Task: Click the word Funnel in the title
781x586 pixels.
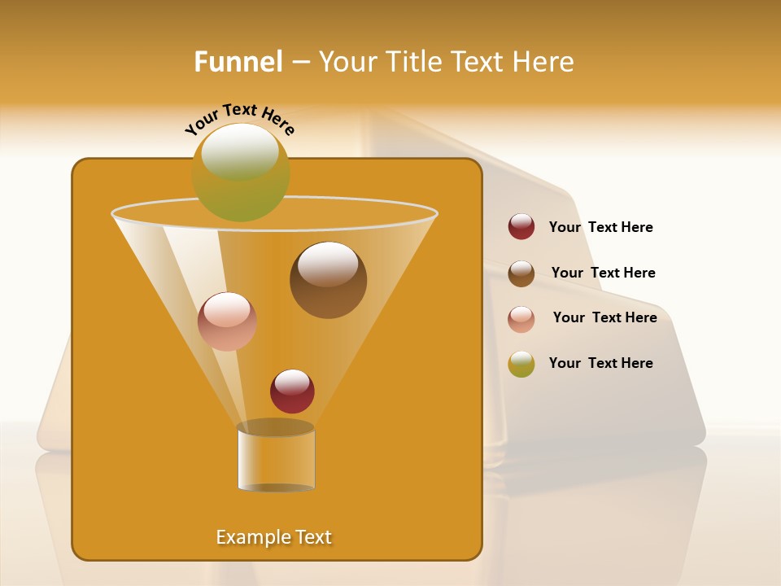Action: point(238,62)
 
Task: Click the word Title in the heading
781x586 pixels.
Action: point(412,62)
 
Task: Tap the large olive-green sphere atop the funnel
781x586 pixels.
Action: point(240,172)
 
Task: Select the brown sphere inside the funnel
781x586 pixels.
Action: point(328,280)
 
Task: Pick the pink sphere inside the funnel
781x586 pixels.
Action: point(227,321)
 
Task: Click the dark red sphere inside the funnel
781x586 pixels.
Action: point(292,391)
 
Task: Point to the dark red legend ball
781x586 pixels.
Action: point(521,226)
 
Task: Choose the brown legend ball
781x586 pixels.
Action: point(521,273)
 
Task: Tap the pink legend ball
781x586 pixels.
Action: point(521,318)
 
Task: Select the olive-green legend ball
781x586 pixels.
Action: point(521,364)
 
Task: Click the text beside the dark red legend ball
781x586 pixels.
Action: point(600,227)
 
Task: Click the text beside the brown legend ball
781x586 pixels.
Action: point(603,273)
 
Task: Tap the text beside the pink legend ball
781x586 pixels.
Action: point(604,317)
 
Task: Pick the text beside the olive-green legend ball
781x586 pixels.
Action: point(600,363)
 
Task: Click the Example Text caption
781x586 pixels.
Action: point(274,537)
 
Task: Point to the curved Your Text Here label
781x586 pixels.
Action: point(239,118)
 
